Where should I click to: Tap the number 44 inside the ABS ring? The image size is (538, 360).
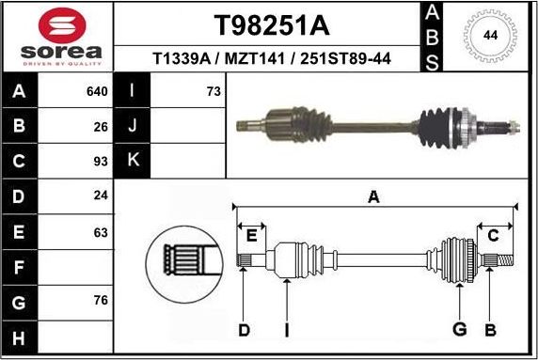(490, 35)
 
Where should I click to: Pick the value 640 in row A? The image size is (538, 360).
(97, 92)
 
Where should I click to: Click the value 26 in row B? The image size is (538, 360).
(101, 125)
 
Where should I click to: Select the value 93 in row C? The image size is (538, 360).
(101, 160)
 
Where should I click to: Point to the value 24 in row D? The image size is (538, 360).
(101, 196)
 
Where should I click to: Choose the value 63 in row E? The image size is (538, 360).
(101, 232)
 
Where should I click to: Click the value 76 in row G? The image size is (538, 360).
(101, 301)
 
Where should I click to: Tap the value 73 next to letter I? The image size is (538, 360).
(213, 92)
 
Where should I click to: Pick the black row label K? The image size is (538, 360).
(132, 160)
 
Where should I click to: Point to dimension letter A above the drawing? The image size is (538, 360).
(373, 196)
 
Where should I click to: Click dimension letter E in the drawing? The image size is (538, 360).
(251, 235)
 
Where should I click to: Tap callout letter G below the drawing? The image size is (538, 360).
(459, 329)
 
